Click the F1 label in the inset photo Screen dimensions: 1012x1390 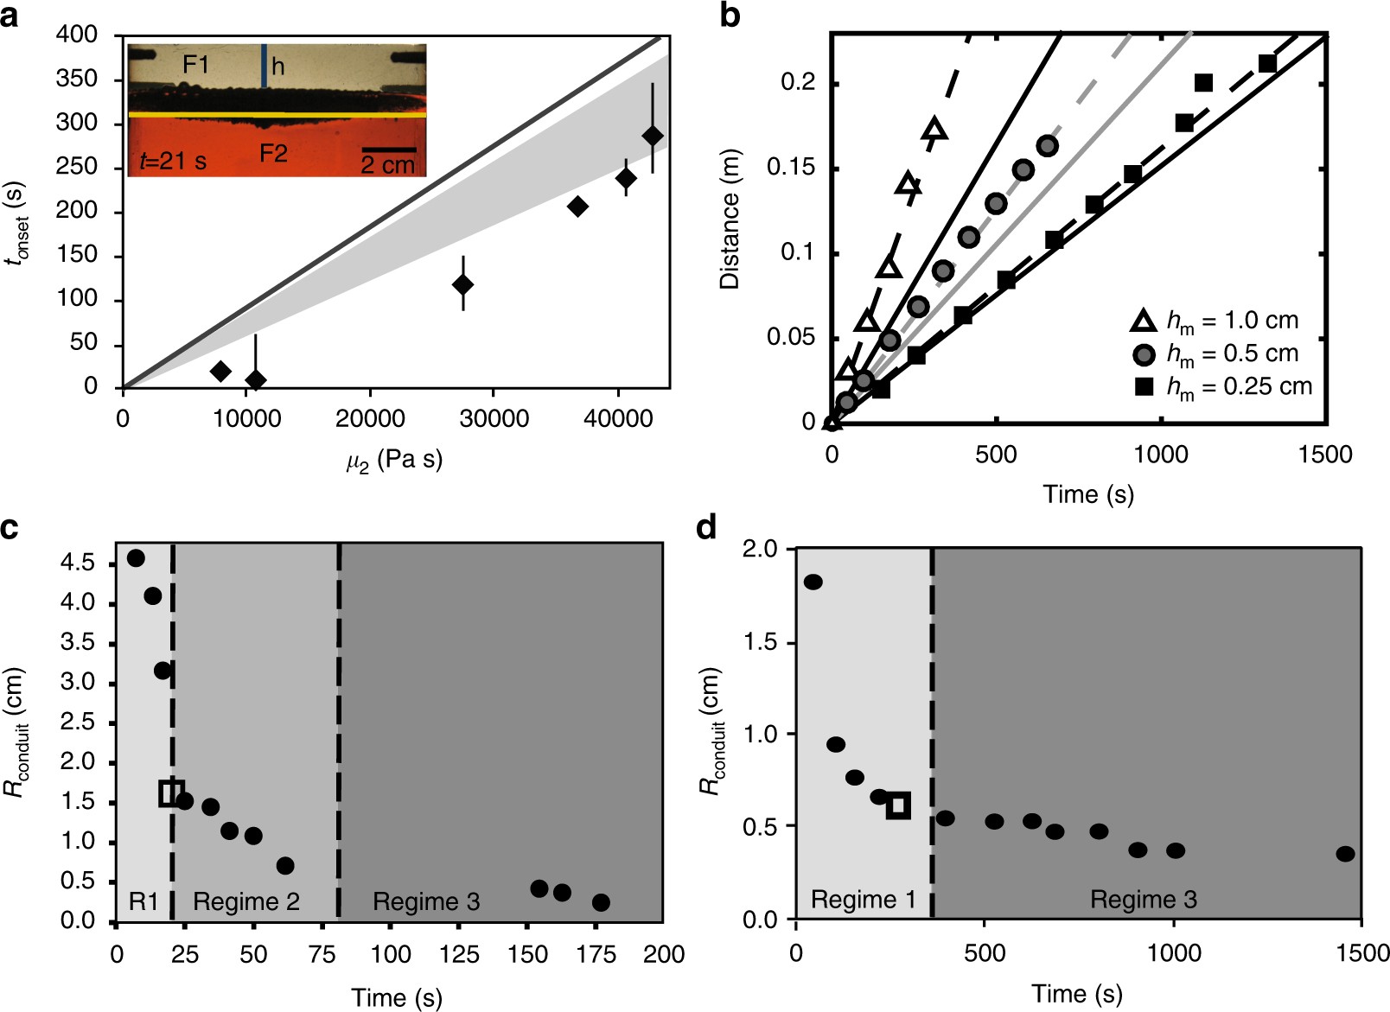click(x=195, y=65)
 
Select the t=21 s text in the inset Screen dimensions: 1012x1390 click(x=173, y=162)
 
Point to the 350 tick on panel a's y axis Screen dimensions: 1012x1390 click(x=77, y=80)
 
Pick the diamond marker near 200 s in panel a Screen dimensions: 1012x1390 click(x=577, y=207)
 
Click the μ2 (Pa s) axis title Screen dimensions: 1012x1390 click(x=394, y=460)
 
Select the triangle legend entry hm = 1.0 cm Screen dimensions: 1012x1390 click(x=1215, y=321)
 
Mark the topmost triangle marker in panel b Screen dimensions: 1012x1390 click(x=934, y=130)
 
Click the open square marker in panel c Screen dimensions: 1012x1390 click(x=172, y=792)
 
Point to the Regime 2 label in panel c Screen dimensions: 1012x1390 click(x=246, y=902)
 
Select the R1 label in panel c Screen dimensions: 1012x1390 click(x=143, y=902)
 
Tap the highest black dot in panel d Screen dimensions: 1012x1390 click(x=813, y=582)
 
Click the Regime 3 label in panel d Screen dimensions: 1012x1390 click(x=1143, y=901)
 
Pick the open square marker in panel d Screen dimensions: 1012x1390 click(x=898, y=805)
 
